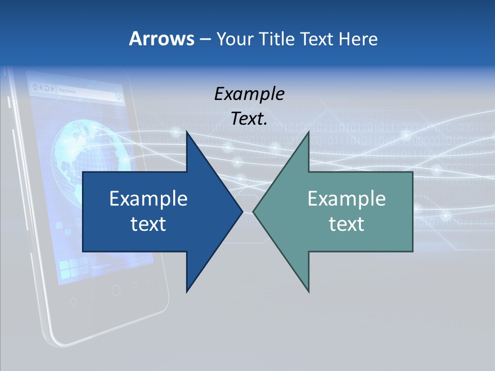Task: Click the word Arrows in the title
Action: pos(161,39)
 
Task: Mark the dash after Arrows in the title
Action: pos(205,39)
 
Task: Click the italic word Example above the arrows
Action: pos(249,94)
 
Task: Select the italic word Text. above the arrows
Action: pos(249,119)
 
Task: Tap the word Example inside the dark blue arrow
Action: pos(148,198)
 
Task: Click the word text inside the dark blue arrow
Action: pos(148,224)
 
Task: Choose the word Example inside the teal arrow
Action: pos(346,198)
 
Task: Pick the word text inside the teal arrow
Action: pos(346,224)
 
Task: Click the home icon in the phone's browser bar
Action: pos(35,87)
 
